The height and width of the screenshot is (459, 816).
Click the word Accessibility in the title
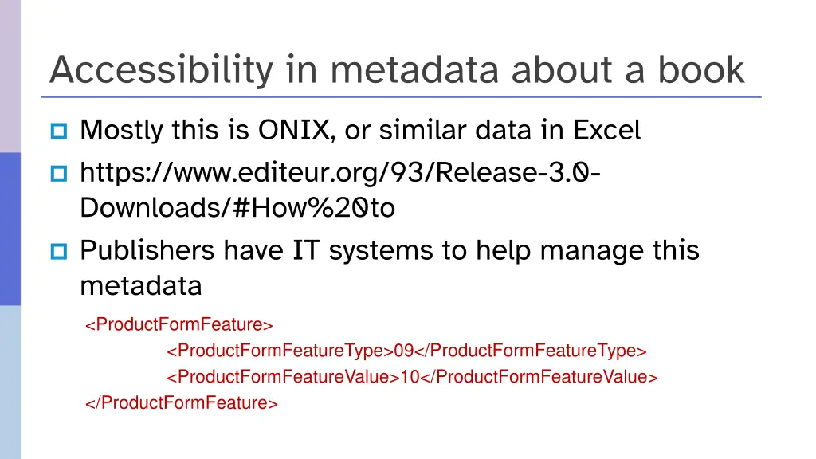pyautogui.click(x=160, y=70)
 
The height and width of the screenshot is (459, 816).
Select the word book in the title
pyautogui.click(x=700, y=70)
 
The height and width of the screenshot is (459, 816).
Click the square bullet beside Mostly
pyautogui.click(x=60, y=130)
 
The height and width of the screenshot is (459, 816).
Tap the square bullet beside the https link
pyautogui.click(x=60, y=172)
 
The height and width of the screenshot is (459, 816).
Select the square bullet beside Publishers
pyautogui.click(x=60, y=252)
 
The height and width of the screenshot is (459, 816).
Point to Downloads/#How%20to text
pyautogui.click(x=237, y=208)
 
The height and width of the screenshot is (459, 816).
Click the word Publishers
pyautogui.click(x=147, y=250)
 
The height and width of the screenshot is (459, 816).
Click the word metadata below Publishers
pyautogui.click(x=141, y=285)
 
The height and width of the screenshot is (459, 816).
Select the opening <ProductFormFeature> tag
pyautogui.click(x=179, y=324)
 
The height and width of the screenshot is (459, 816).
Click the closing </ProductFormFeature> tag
pyautogui.click(x=182, y=402)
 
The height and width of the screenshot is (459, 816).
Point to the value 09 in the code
pyautogui.click(x=405, y=351)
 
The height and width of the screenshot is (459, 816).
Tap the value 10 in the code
pyautogui.click(x=410, y=377)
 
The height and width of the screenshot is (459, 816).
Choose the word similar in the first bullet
pyautogui.click(x=422, y=129)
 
